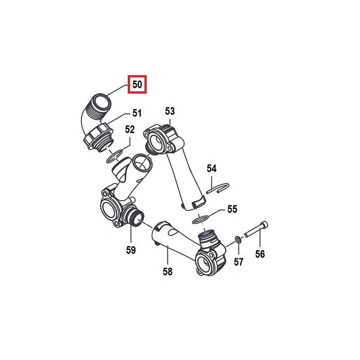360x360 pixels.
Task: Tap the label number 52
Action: click(130, 130)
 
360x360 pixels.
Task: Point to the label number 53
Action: click(170, 111)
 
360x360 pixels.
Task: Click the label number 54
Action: click(211, 169)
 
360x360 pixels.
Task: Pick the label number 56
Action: click(260, 254)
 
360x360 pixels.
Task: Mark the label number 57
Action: click(238, 262)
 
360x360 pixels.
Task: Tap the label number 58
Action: click(168, 272)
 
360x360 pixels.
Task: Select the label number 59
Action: click(130, 250)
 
